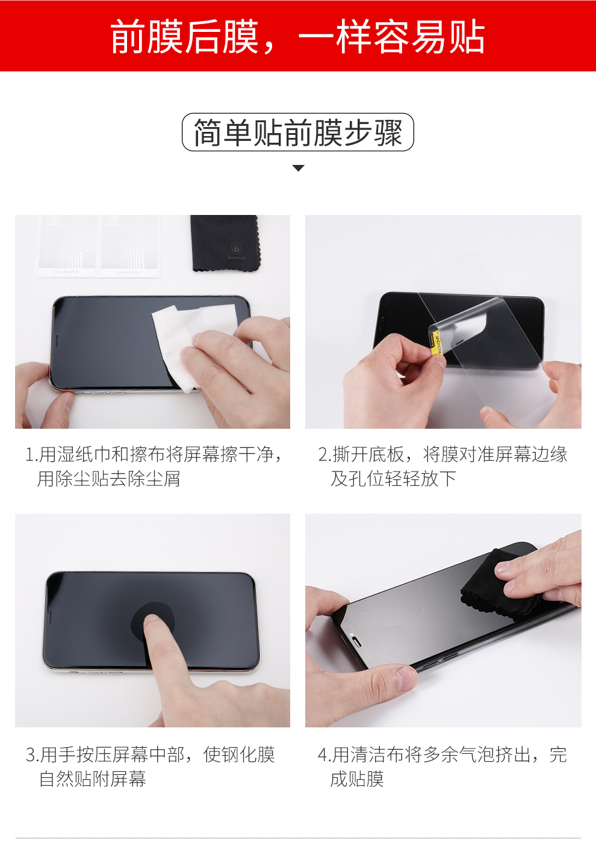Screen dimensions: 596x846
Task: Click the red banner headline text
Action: (x=297, y=37)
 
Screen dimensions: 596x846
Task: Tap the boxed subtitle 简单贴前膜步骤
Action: (x=297, y=132)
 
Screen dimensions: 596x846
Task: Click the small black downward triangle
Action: (x=299, y=168)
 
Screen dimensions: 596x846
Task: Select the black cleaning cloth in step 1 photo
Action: (x=225, y=243)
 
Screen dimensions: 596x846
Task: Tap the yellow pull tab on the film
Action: (x=435, y=344)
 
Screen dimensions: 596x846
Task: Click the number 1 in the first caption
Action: (x=30, y=455)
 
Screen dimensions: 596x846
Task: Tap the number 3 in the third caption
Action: (x=31, y=754)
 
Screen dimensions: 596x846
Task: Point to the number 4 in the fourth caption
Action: (x=323, y=754)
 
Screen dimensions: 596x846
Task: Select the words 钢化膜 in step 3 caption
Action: (x=239, y=754)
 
